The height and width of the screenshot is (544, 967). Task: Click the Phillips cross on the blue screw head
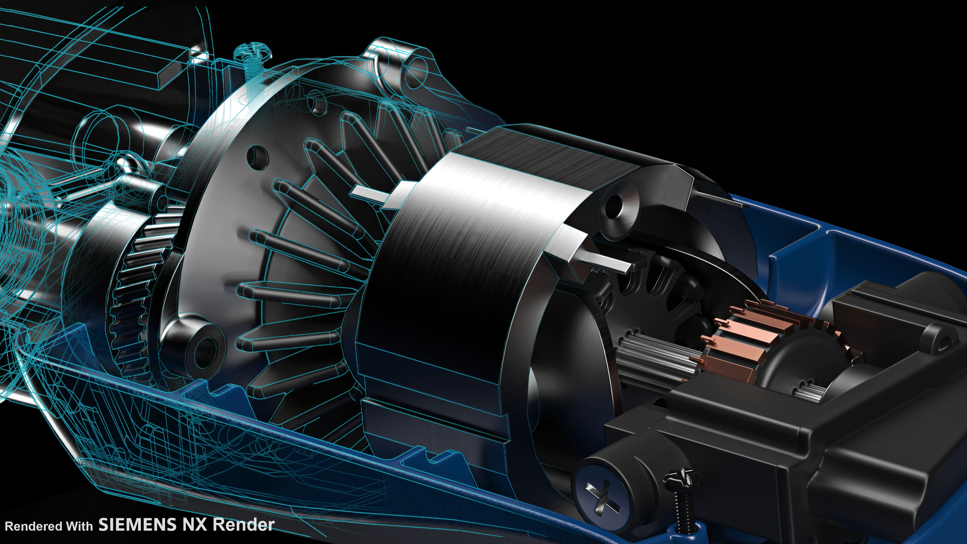coord(603,496)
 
